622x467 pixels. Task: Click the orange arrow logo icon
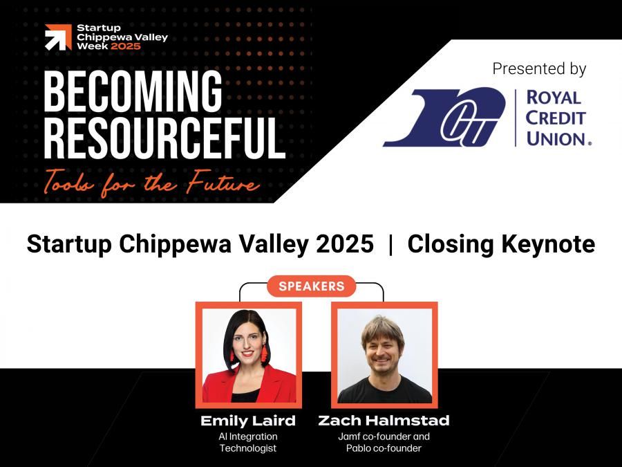58,37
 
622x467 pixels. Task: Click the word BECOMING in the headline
133,93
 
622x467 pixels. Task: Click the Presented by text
539,69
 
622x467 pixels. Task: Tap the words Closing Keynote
501,244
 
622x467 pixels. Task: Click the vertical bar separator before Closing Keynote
390,244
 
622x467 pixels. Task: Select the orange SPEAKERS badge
311,286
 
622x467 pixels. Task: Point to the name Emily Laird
248,421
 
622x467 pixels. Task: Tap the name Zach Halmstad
384,421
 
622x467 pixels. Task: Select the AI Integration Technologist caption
248,442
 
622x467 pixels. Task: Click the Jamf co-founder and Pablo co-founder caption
384,442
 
